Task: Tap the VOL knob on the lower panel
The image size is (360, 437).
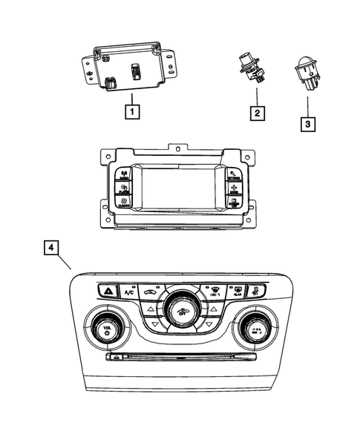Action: (x=108, y=328)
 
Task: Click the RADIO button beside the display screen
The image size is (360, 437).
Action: (x=123, y=177)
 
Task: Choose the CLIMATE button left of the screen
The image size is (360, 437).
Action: (x=123, y=203)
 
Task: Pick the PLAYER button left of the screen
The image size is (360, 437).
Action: (x=123, y=189)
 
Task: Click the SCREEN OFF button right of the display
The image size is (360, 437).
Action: (x=235, y=203)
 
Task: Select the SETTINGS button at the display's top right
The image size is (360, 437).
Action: (x=235, y=177)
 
